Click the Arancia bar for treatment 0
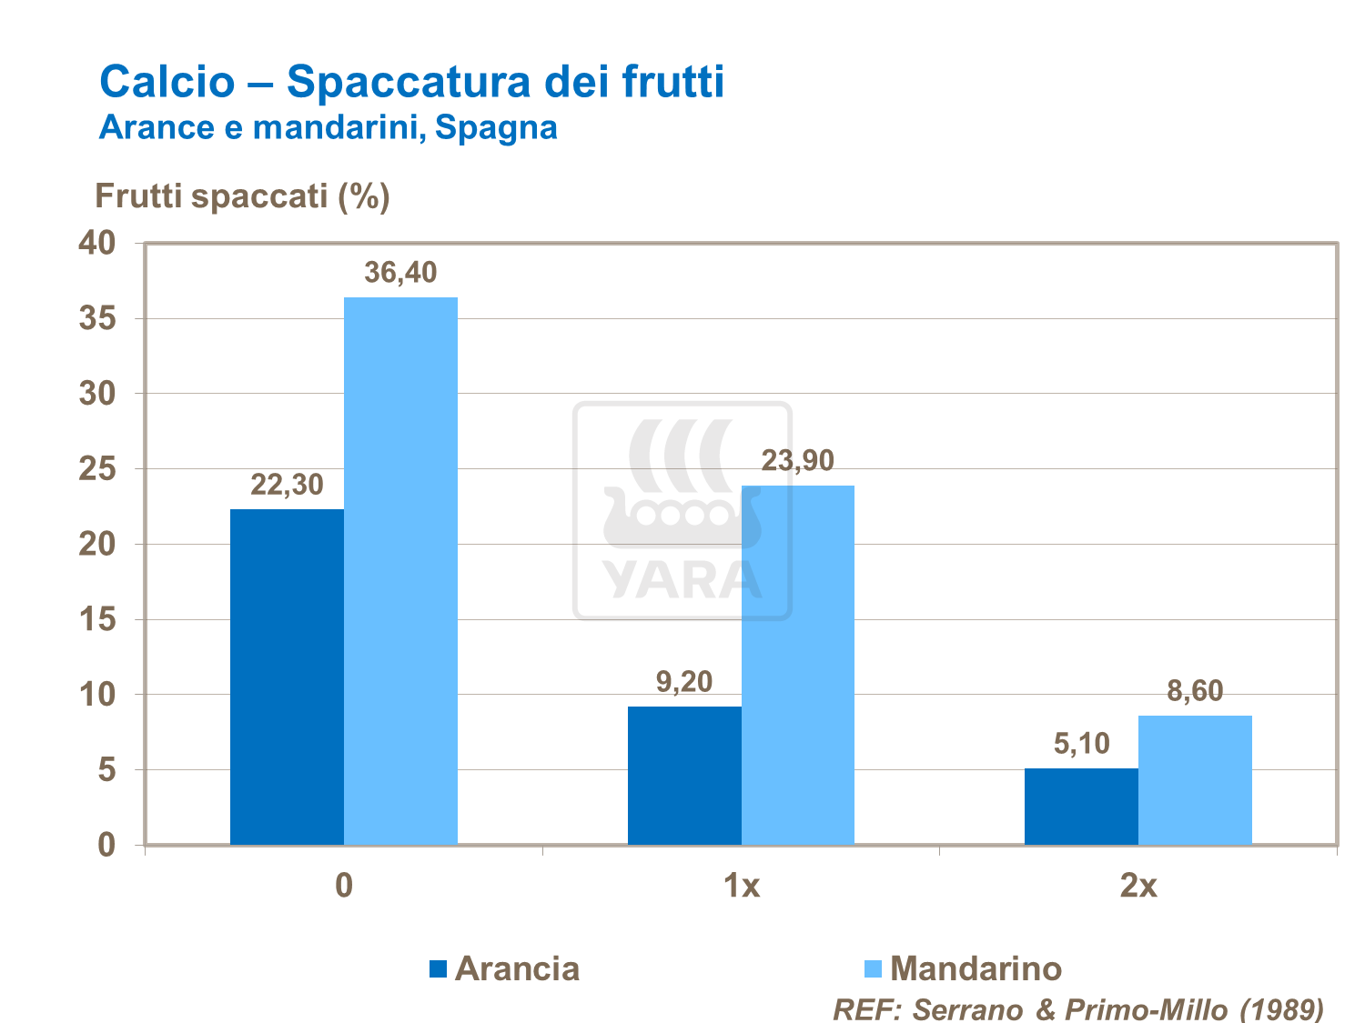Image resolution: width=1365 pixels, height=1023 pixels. click(x=287, y=677)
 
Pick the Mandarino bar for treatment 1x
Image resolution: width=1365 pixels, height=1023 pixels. click(x=798, y=665)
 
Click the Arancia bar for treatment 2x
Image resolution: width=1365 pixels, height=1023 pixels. click(x=1081, y=807)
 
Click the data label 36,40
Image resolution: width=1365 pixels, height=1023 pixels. click(x=400, y=272)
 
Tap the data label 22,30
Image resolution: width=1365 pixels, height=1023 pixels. click(x=287, y=485)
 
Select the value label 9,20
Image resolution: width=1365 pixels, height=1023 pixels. click(x=684, y=681)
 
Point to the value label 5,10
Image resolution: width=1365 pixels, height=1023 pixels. click(x=1081, y=744)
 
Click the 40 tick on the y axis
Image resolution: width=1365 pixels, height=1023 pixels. click(x=98, y=243)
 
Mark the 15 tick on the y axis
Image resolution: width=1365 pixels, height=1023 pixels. click(x=98, y=620)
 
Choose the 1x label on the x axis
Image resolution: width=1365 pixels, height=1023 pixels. click(x=742, y=885)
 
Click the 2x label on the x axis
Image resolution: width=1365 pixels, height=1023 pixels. click(x=1138, y=885)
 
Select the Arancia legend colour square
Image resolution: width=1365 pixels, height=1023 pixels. click(x=438, y=969)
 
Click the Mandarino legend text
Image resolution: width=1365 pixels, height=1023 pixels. click(x=976, y=968)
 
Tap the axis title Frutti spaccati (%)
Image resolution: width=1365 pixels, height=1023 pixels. click(x=242, y=196)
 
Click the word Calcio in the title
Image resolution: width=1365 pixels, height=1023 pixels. click(x=167, y=81)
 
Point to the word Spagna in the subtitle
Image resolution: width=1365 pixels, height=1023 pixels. click(x=496, y=127)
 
